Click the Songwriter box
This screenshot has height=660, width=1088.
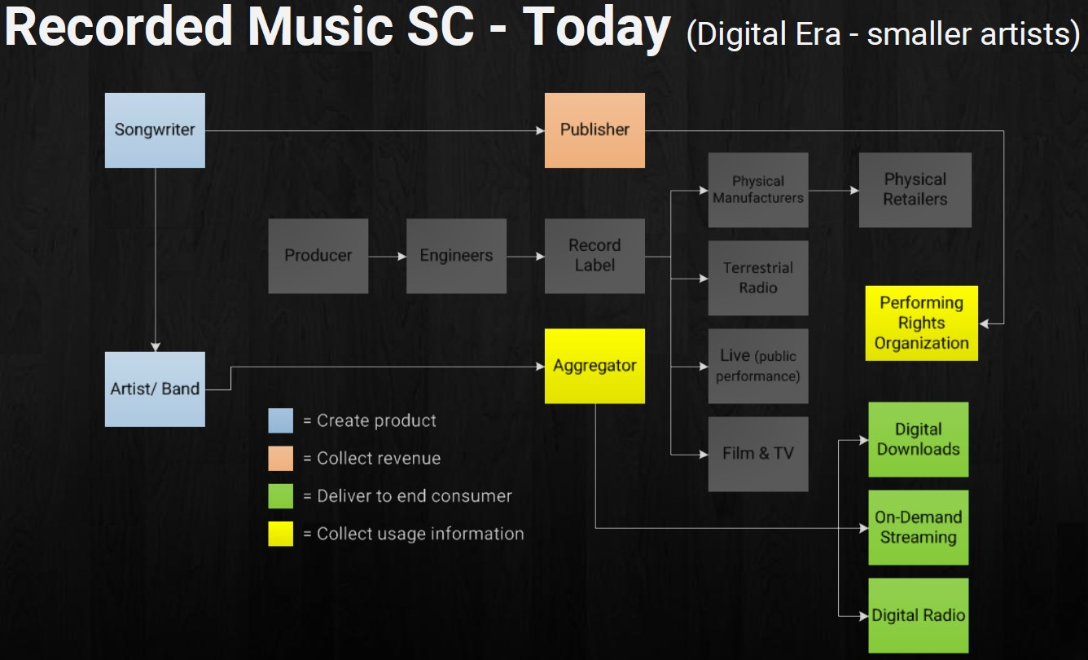pos(155,130)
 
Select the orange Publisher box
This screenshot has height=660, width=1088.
pos(594,130)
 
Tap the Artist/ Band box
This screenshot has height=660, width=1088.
pos(155,389)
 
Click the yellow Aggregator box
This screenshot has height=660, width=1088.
pos(594,366)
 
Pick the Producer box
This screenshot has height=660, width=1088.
pos(318,256)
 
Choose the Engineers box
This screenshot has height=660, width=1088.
pos(456,256)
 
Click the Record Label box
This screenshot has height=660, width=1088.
pos(594,256)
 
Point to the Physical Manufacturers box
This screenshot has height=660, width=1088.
pos(757,190)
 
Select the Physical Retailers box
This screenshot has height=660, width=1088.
pos(915,190)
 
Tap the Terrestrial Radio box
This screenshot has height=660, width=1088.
pos(757,278)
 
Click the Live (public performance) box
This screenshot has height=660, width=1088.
pos(757,366)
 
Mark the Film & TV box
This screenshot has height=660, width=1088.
pos(757,454)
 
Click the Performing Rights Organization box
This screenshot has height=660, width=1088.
pos(921,323)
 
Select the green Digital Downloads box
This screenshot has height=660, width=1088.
pos(918,439)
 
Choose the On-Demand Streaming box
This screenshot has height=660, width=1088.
pos(918,527)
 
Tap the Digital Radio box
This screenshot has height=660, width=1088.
pos(918,615)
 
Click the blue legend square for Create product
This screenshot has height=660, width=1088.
pos(280,420)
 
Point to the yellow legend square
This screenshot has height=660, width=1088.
pos(280,534)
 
